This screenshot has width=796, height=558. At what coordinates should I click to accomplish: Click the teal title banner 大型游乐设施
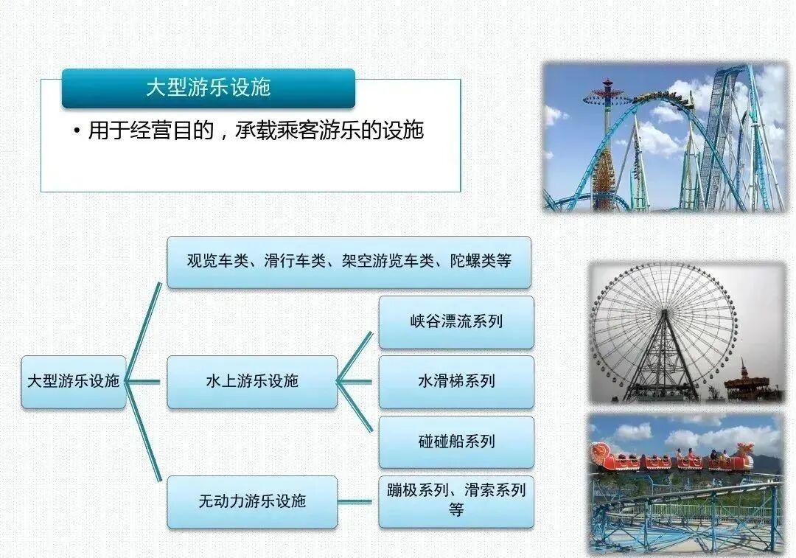click(x=208, y=88)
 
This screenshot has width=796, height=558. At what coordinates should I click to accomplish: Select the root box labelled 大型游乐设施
click(x=73, y=381)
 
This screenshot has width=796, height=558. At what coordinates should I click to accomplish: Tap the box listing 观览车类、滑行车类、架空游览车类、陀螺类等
click(x=349, y=261)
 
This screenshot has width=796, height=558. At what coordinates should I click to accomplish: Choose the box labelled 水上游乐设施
click(x=251, y=381)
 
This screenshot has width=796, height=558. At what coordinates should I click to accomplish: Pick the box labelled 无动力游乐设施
click(x=251, y=501)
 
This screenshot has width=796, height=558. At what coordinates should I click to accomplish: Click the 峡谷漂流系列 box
click(x=455, y=321)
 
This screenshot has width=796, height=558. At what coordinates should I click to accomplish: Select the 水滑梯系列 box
click(x=455, y=381)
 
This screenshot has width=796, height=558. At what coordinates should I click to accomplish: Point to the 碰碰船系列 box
click(x=455, y=442)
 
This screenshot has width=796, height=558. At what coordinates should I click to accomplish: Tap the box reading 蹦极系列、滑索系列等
click(x=455, y=501)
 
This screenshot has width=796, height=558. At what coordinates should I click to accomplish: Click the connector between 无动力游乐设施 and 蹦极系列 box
click(x=357, y=501)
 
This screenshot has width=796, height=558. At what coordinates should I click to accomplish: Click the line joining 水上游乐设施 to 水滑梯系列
click(x=357, y=382)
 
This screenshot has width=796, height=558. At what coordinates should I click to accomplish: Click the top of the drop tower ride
click(x=607, y=87)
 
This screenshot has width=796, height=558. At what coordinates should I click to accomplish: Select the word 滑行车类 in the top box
click(x=294, y=261)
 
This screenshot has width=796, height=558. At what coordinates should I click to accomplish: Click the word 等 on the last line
click(x=455, y=509)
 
